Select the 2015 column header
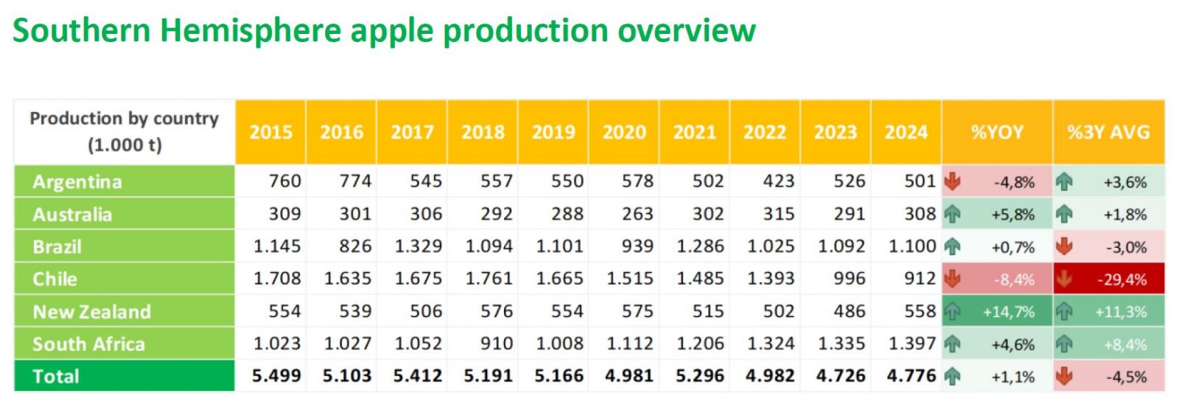(270, 132)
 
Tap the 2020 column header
(623, 132)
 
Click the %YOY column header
(996, 132)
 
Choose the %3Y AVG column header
(1108, 132)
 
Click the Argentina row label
(77, 181)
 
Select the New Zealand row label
(91, 312)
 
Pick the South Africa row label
(88, 344)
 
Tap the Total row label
(56, 377)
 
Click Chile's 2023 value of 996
(849, 279)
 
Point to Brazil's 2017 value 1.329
(418, 246)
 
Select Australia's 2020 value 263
(637, 214)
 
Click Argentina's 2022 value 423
(778, 181)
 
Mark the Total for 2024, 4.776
(911, 376)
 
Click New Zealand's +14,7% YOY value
(1008, 312)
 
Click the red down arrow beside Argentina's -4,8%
(953, 181)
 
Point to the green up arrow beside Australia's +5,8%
(953, 214)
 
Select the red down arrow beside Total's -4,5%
(1064, 376)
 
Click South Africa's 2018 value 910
(496, 344)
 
